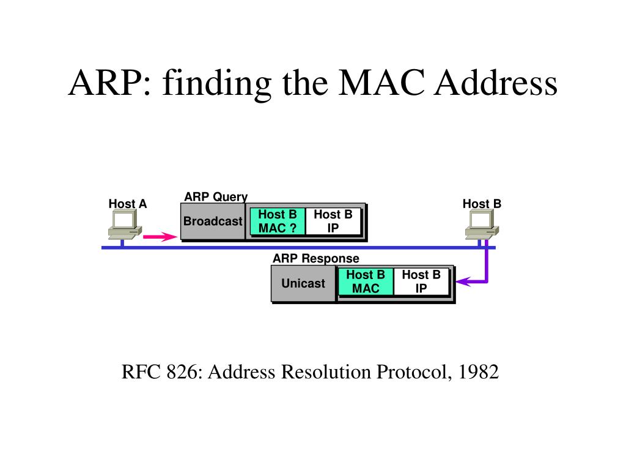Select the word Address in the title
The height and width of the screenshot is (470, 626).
[x=495, y=83]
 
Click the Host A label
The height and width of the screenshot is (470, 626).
[x=128, y=204]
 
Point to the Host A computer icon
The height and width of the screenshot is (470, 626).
[x=125, y=225]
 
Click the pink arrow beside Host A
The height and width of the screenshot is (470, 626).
[x=160, y=237]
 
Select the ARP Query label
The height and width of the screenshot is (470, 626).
[x=216, y=196]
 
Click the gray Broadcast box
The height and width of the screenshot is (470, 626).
[x=213, y=222]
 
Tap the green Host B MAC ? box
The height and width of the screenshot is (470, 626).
[x=278, y=222]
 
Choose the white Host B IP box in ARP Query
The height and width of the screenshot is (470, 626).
[x=333, y=222]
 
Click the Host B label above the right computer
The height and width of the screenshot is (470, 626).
[x=482, y=204]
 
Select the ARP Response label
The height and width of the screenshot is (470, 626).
[x=316, y=259]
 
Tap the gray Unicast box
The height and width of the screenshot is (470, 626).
[x=303, y=283]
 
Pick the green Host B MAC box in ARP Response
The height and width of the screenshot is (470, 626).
[x=366, y=282]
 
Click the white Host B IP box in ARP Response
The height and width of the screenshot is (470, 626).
[x=421, y=282]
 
